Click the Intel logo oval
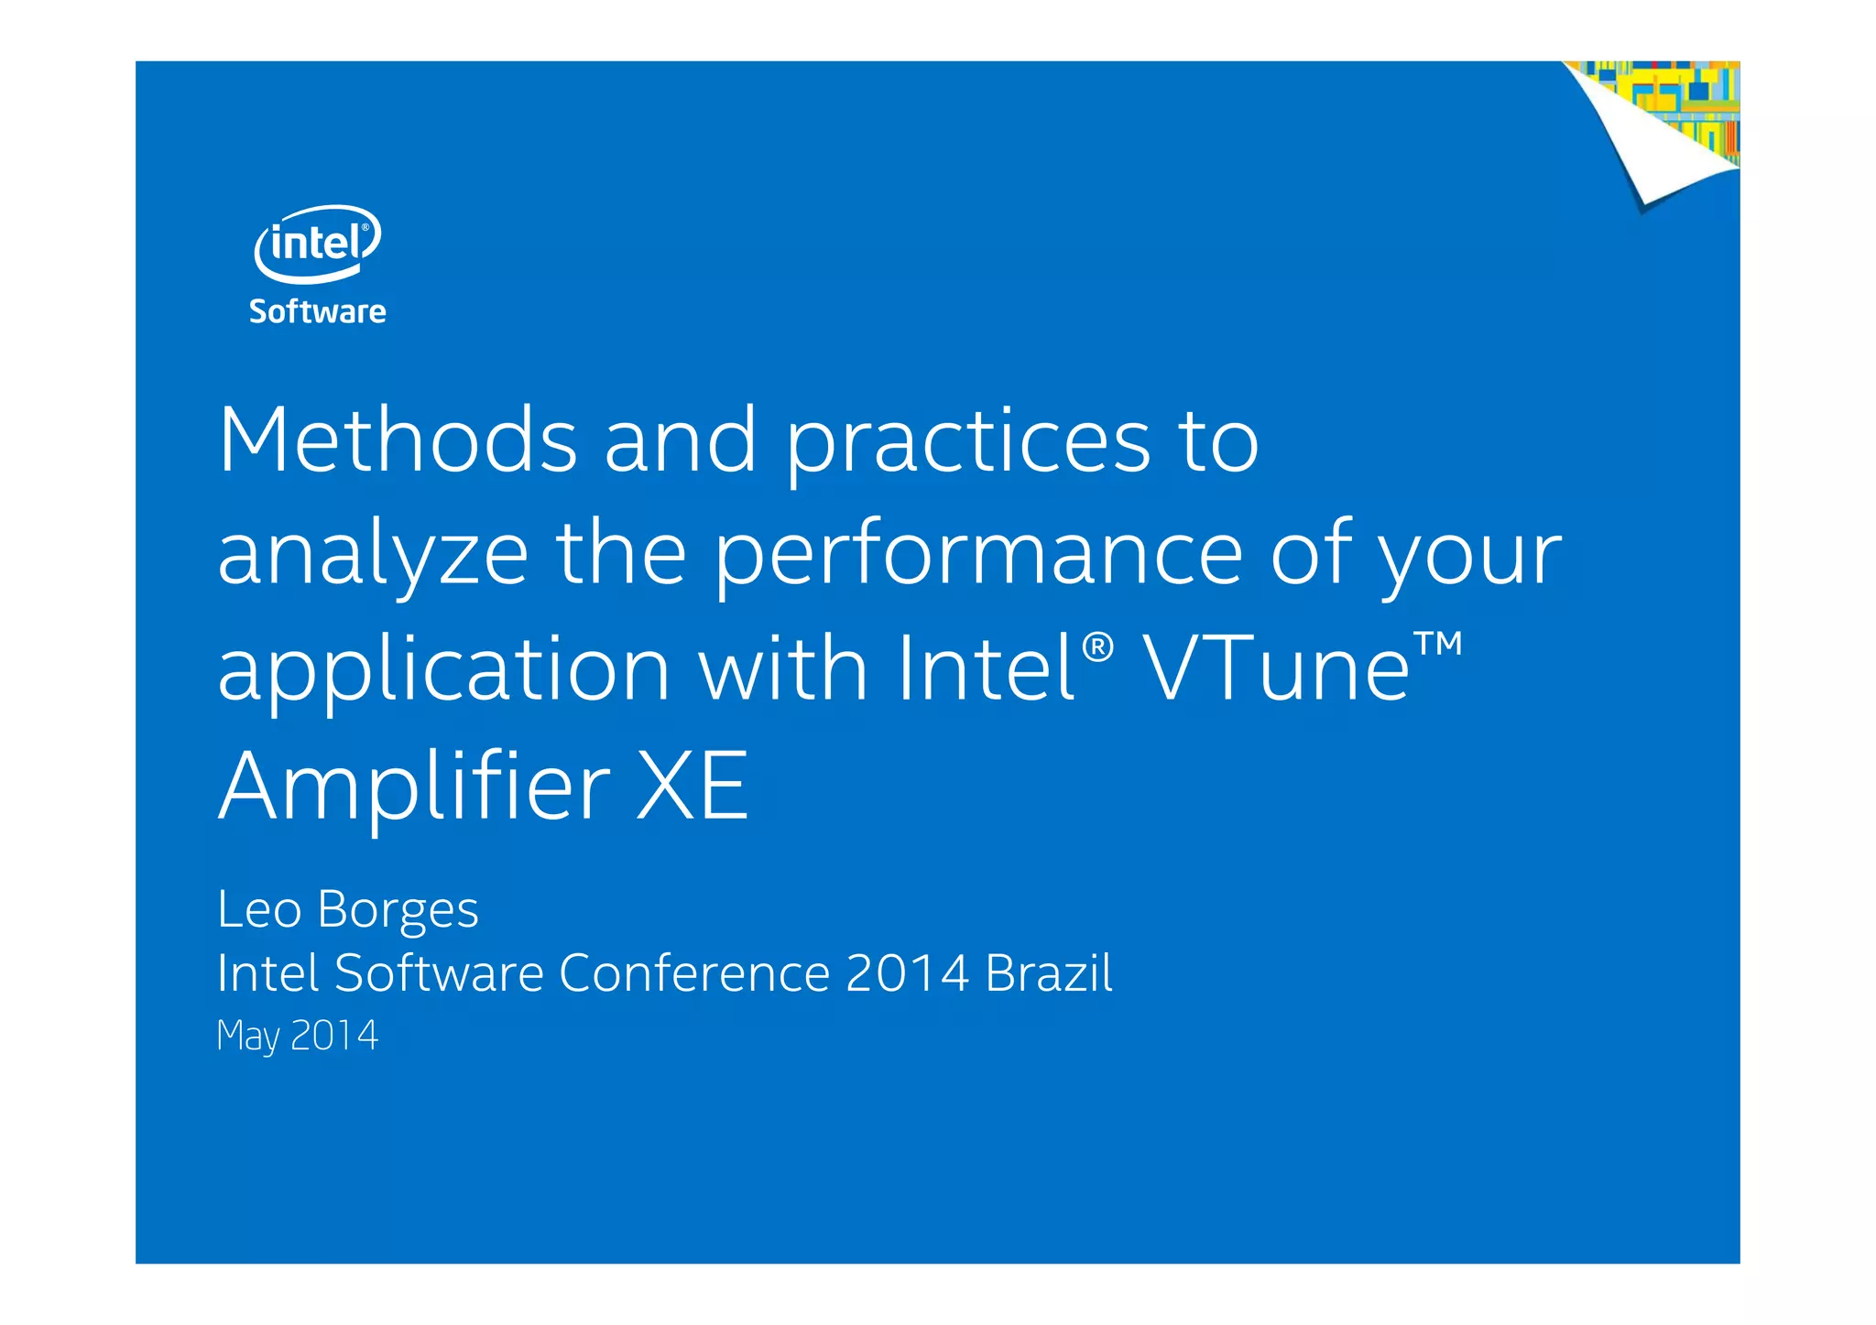[x=317, y=244]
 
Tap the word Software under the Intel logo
[x=317, y=312]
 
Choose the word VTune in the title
[x=1277, y=669]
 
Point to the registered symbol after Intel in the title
[x=1097, y=647]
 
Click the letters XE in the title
[x=693, y=786]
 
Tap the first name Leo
[x=259, y=909]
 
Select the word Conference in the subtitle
[x=694, y=972]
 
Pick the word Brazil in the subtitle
[x=1049, y=972]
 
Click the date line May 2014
[x=297, y=1036]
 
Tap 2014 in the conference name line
[x=907, y=972]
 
